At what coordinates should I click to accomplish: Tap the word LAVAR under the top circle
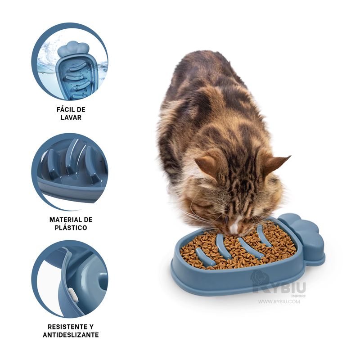[71, 117]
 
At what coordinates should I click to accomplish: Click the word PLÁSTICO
[71, 228]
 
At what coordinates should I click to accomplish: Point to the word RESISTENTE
[64, 327]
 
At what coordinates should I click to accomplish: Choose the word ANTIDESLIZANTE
[71, 335]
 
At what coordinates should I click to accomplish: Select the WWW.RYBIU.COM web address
[279, 301]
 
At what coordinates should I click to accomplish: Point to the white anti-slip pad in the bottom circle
[73, 296]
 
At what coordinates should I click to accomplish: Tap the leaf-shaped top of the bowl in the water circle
[73, 49]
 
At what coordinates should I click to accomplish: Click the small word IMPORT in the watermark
[298, 296]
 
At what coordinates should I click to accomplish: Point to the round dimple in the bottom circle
[103, 281]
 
